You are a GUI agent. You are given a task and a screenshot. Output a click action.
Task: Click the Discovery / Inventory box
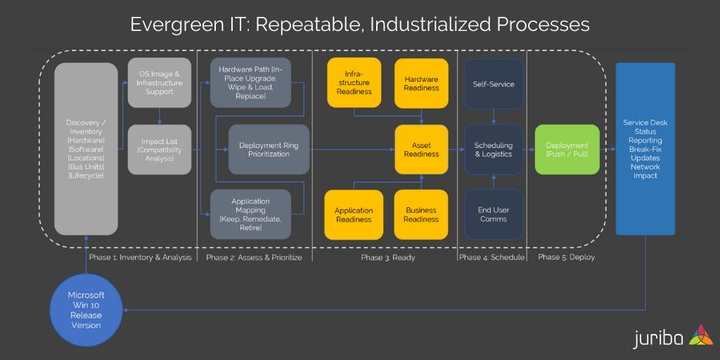pos(86,149)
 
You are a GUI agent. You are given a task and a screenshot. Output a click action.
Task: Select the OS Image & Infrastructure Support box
pos(159,83)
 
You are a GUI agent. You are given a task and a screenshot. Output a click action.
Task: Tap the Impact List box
pos(159,150)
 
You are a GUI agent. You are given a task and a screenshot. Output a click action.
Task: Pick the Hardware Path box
pos(250,83)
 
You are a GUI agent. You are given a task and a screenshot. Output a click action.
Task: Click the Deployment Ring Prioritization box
pos(269,150)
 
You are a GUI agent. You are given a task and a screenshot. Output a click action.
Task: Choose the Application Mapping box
pos(250,214)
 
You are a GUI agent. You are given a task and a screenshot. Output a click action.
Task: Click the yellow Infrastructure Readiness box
pos(354,83)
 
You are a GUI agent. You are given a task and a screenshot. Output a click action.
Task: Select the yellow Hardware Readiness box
pos(421,83)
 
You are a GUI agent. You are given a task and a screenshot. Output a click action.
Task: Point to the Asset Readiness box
pos(421,150)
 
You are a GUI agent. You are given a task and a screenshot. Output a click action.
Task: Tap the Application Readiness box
pos(354,214)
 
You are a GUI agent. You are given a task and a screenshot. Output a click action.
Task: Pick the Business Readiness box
pos(421,214)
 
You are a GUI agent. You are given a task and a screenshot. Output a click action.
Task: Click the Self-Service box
pos(494,84)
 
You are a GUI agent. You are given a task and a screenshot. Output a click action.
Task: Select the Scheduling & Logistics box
pos(494,150)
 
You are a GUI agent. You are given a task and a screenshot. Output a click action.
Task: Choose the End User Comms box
pos(494,214)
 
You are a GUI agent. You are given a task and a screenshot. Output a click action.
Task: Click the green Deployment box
pos(567,150)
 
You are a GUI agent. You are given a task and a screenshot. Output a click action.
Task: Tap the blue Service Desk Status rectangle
pos(645,149)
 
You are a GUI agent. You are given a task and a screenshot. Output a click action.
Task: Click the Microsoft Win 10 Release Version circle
pos(86,310)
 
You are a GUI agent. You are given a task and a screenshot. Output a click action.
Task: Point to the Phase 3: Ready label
pos(388,257)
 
